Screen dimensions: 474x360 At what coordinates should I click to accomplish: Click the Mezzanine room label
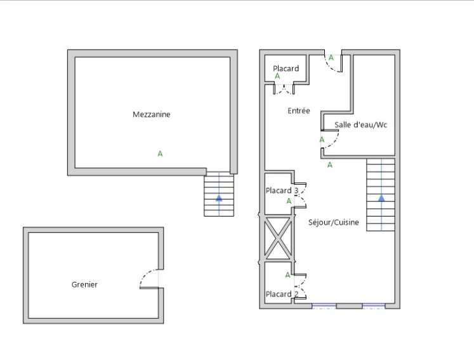point(152,114)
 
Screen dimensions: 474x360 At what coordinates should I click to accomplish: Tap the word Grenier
point(84,284)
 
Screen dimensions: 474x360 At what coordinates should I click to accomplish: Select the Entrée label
point(299,110)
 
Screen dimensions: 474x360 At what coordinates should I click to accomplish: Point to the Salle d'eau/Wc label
point(360,124)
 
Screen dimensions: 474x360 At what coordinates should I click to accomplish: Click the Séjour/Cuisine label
point(333,222)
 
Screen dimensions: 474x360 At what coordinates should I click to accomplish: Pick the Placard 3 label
point(282,190)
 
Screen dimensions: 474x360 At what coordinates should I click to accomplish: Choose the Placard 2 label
point(282,294)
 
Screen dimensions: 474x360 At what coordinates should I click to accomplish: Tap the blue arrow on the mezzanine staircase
point(219,198)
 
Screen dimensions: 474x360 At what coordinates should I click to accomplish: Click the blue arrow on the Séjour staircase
point(381,198)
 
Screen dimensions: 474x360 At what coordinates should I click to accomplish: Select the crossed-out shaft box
point(278,238)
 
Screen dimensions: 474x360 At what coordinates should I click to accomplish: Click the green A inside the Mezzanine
point(160,154)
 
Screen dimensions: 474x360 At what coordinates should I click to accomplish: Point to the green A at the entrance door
point(331,58)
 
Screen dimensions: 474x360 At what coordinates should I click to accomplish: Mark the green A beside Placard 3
point(289,201)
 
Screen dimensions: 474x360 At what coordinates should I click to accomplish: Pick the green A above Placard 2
point(288,275)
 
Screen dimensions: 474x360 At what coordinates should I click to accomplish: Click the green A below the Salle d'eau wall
point(330,165)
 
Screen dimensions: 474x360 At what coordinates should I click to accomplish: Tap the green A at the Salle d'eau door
point(322,140)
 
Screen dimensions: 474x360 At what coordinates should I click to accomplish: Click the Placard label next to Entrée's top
point(286,69)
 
